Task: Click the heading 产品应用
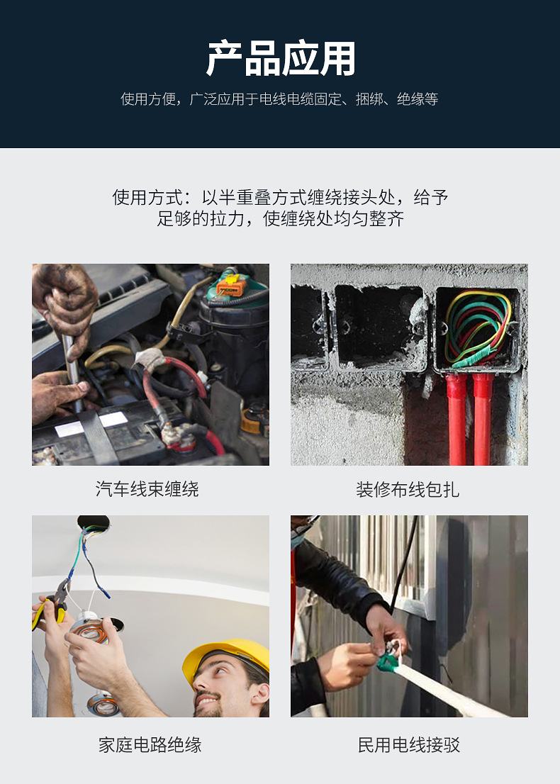tap(280, 59)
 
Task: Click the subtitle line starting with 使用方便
tap(280, 99)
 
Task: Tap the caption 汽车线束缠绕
tap(147, 489)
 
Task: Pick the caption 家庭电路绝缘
tap(150, 745)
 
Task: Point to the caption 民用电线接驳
tap(409, 745)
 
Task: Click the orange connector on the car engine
tap(230, 287)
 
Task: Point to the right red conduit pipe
tap(483, 418)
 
